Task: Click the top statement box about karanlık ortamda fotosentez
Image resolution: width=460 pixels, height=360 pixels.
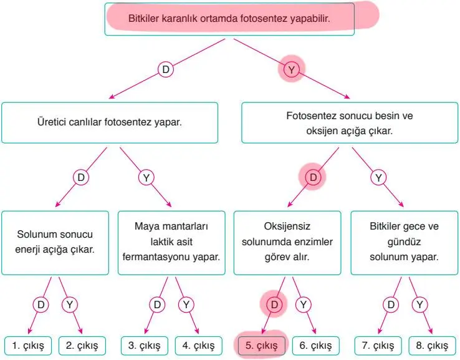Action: coord(229,19)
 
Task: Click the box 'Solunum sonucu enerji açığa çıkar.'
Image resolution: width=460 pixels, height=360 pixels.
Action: coord(55,242)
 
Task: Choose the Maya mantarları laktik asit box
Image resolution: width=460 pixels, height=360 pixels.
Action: coord(171,242)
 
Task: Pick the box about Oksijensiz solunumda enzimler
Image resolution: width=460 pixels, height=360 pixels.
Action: coord(288,242)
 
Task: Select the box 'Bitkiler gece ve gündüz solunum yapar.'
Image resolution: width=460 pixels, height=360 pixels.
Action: coord(404,242)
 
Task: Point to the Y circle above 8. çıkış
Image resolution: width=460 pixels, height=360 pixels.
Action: coord(419,305)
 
